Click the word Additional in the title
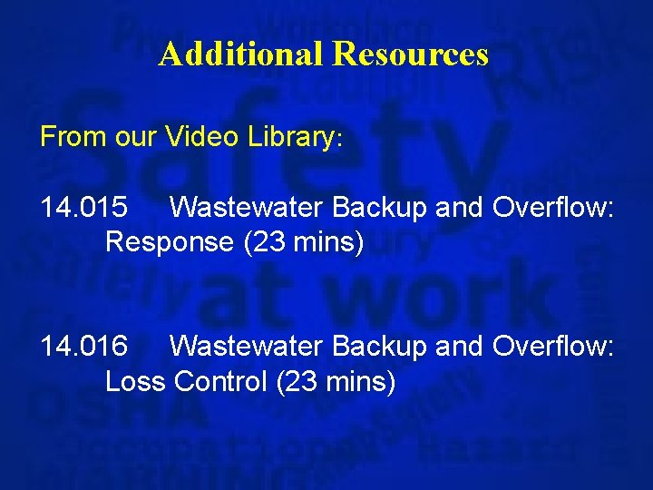coord(241,54)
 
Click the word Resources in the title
coord(410,54)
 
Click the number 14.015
coord(84,209)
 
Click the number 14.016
coord(84,347)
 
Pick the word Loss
coord(135,381)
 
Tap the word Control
coord(220,381)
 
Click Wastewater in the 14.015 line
coord(247,209)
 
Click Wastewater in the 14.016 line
coord(247,347)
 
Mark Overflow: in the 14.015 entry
coord(553,209)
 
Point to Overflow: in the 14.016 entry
coord(553,347)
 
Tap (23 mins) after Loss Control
coord(335,382)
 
